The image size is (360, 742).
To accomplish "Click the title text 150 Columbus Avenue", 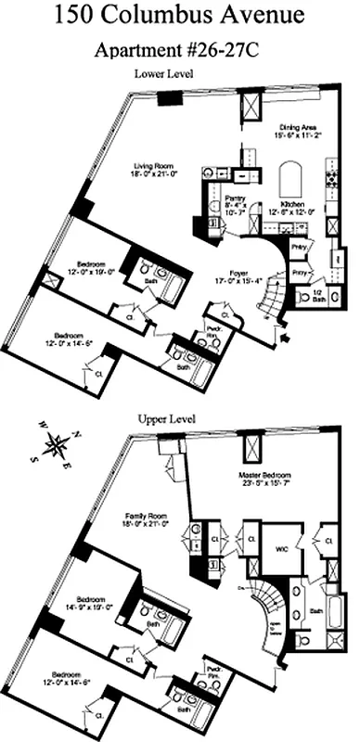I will click(x=180, y=16).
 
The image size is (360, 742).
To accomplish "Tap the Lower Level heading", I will click(x=162, y=73).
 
